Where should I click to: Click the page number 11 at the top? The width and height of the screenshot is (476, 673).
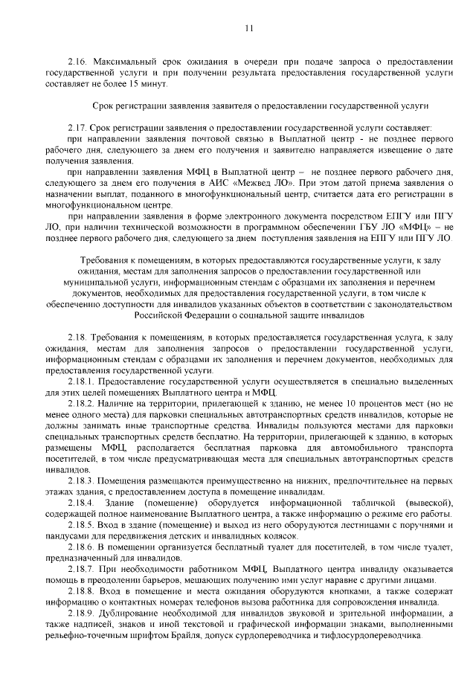pyautogui.click(x=248, y=29)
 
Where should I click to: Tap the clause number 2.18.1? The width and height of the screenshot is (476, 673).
pyautogui.click(x=80, y=380)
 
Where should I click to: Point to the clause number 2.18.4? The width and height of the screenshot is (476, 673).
pyautogui.click(x=80, y=503)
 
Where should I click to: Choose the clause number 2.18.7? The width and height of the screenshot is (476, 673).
pyautogui.click(x=80, y=569)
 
